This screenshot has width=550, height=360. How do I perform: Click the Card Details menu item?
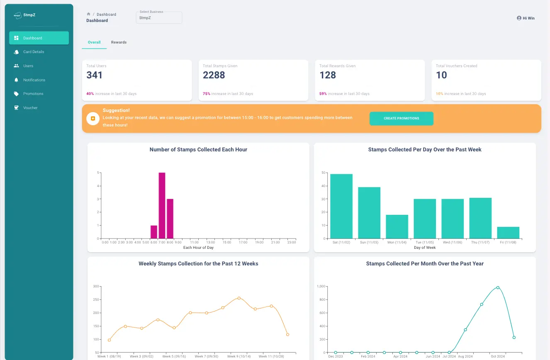coord(34,52)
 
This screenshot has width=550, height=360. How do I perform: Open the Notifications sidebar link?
coord(34,80)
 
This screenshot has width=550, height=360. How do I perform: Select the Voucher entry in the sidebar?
coord(30,107)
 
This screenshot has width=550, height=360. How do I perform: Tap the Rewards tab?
coord(119,42)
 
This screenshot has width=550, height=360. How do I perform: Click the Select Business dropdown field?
coord(159,18)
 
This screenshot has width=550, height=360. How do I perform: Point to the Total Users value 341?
coord(94,75)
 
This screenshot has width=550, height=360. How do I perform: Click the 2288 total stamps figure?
coord(214,75)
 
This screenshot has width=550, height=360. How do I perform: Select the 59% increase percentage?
coord(323,94)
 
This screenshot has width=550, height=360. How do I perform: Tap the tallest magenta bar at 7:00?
coord(162,205)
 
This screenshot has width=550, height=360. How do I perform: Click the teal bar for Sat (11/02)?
coord(341,206)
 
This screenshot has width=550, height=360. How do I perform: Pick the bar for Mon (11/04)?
coord(397,226)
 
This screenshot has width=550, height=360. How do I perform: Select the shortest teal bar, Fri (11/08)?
coord(508,233)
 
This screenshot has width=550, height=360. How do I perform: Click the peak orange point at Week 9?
coord(239,298)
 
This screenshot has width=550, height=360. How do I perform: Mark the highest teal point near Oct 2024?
coord(498,287)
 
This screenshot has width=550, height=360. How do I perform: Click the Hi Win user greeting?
coord(526,18)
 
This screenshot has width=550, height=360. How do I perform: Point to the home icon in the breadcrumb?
coord(88,14)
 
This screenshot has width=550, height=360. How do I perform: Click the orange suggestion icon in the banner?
coord(92,119)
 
